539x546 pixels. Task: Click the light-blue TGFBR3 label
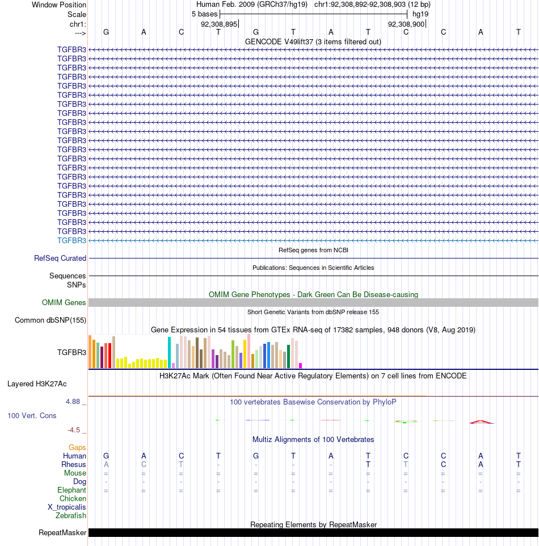pyautogui.click(x=71, y=241)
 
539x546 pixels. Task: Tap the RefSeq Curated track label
pyautogui.click(x=60, y=259)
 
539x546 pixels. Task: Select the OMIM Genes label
pyautogui.click(x=64, y=303)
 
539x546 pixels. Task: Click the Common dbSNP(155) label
pyautogui.click(x=50, y=320)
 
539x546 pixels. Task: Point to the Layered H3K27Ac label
pyautogui.click(x=37, y=384)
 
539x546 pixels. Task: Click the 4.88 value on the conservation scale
pyautogui.click(x=73, y=402)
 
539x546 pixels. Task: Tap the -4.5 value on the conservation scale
pyautogui.click(x=74, y=430)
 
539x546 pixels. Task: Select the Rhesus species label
pyautogui.click(x=73, y=465)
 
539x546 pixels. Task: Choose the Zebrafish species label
pyautogui.click(x=70, y=516)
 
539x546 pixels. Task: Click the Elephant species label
pyautogui.click(x=71, y=490)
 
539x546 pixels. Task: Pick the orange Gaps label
pyautogui.click(x=77, y=448)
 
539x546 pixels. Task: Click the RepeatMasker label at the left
pyautogui.click(x=62, y=533)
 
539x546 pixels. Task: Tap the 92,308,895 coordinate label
pyautogui.click(x=219, y=24)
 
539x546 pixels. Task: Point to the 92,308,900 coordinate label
pyautogui.click(x=406, y=24)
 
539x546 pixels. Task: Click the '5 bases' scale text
pyautogui.click(x=204, y=14)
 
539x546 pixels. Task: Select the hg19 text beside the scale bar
pyautogui.click(x=420, y=14)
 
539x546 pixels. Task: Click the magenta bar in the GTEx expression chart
pyautogui.click(x=301, y=366)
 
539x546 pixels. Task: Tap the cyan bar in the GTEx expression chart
pyautogui.click(x=169, y=352)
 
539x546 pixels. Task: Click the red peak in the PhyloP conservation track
pyautogui.click(x=482, y=422)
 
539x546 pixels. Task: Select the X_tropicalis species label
pyautogui.click(x=67, y=507)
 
